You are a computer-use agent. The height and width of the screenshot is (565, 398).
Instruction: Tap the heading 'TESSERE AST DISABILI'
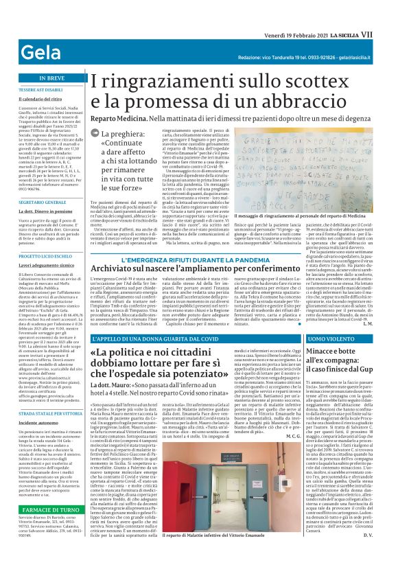pos(40,90)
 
